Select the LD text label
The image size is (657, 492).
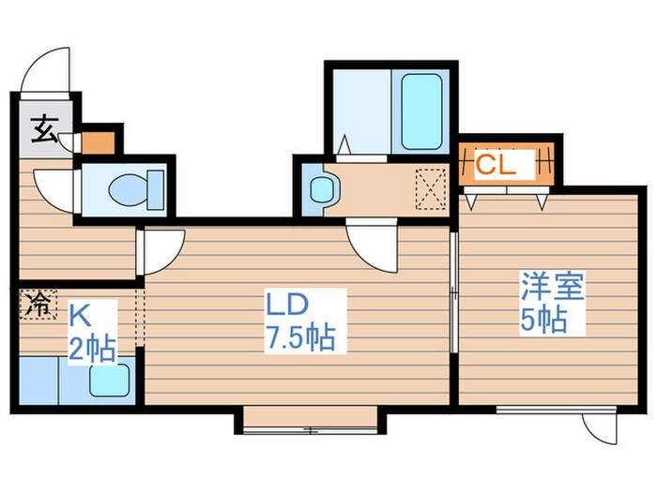pyautogui.click(x=285, y=304)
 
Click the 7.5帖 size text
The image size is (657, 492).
pyautogui.click(x=298, y=335)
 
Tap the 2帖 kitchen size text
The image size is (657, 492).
pyautogui.click(x=92, y=348)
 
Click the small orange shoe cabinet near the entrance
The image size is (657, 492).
pyautogui.click(x=97, y=143)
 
